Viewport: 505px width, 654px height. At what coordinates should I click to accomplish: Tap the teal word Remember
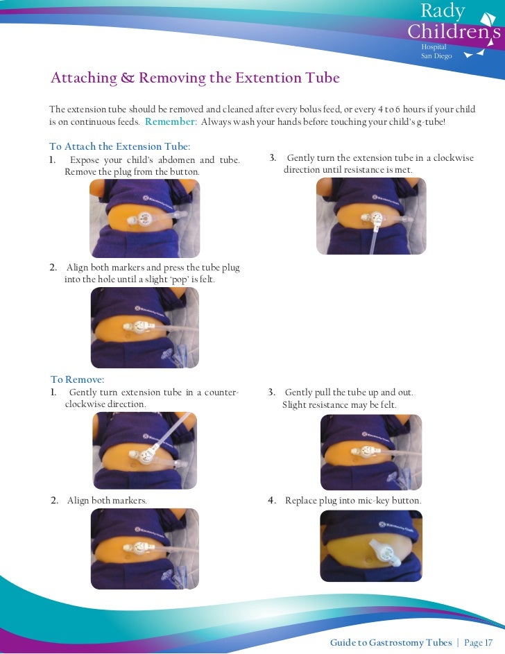click(171, 121)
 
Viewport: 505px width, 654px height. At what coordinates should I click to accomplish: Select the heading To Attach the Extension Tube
click(120, 146)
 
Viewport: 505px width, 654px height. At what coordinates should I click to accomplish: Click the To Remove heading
click(78, 379)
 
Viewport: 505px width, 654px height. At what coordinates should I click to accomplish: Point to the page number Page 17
click(479, 642)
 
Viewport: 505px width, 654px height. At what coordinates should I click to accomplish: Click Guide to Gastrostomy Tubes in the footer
click(391, 642)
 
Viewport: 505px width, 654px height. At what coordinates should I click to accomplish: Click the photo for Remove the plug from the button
click(145, 218)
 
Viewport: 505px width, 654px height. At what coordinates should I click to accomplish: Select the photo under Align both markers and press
click(145, 327)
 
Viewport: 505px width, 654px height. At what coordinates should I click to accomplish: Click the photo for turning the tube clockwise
click(371, 216)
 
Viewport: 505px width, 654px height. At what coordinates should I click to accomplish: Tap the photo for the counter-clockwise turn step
click(145, 450)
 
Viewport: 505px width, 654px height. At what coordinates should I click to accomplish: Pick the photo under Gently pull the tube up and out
click(371, 452)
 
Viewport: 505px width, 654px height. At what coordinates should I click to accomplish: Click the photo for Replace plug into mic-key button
click(371, 546)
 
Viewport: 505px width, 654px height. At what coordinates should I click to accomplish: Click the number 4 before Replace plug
click(271, 501)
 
